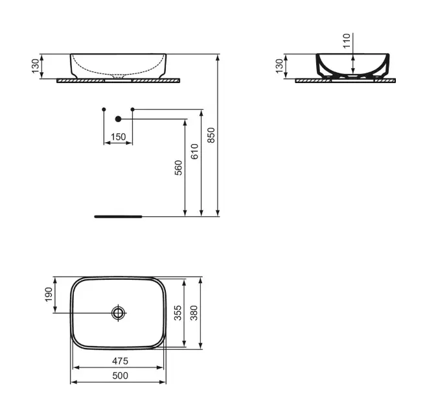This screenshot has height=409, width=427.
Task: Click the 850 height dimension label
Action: coord(211,135)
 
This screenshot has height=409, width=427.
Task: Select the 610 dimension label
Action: coord(194,151)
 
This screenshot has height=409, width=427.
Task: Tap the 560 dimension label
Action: coord(178,167)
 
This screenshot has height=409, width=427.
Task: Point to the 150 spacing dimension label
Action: coord(119,137)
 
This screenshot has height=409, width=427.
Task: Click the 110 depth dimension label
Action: coord(347,41)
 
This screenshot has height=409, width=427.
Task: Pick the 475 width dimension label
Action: coord(120,361)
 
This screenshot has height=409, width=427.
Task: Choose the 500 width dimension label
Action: coord(120,376)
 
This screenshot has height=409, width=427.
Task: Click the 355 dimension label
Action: coord(178,313)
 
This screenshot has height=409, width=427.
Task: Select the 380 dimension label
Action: coord(194,313)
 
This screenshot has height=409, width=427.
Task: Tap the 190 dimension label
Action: coord(49,294)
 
